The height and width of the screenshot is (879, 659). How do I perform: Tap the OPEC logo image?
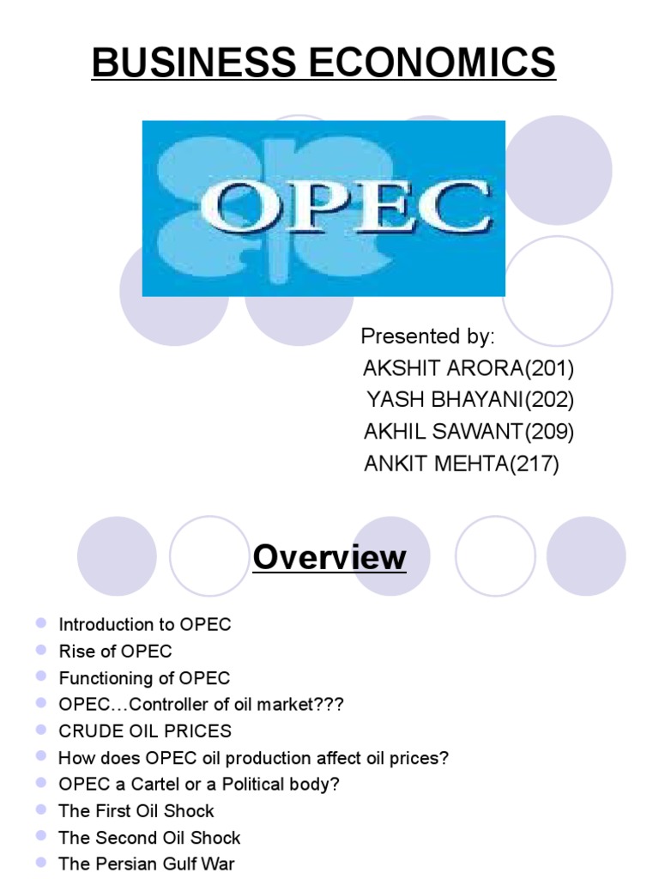[x=323, y=208]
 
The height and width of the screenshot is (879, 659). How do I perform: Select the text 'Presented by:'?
[x=428, y=335]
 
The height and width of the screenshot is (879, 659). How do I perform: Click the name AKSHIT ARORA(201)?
[x=469, y=368]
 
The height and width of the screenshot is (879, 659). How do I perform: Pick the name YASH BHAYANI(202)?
[x=470, y=400]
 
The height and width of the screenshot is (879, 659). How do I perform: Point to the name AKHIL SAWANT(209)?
[x=469, y=432]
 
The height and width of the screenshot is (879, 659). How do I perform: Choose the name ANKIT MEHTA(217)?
[x=462, y=464]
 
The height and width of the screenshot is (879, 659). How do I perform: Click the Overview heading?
[x=329, y=558]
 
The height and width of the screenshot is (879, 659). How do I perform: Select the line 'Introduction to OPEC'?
[x=145, y=624]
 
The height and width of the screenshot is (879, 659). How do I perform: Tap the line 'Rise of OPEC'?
[x=115, y=651]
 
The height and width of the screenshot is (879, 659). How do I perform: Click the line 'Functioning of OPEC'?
[x=144, y=677]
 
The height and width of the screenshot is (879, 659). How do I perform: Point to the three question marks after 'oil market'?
[x=329, y=704]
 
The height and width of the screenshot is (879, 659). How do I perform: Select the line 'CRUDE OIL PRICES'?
[x=145, y=731]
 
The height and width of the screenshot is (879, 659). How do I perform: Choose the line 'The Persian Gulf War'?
[x=146, y=864]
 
